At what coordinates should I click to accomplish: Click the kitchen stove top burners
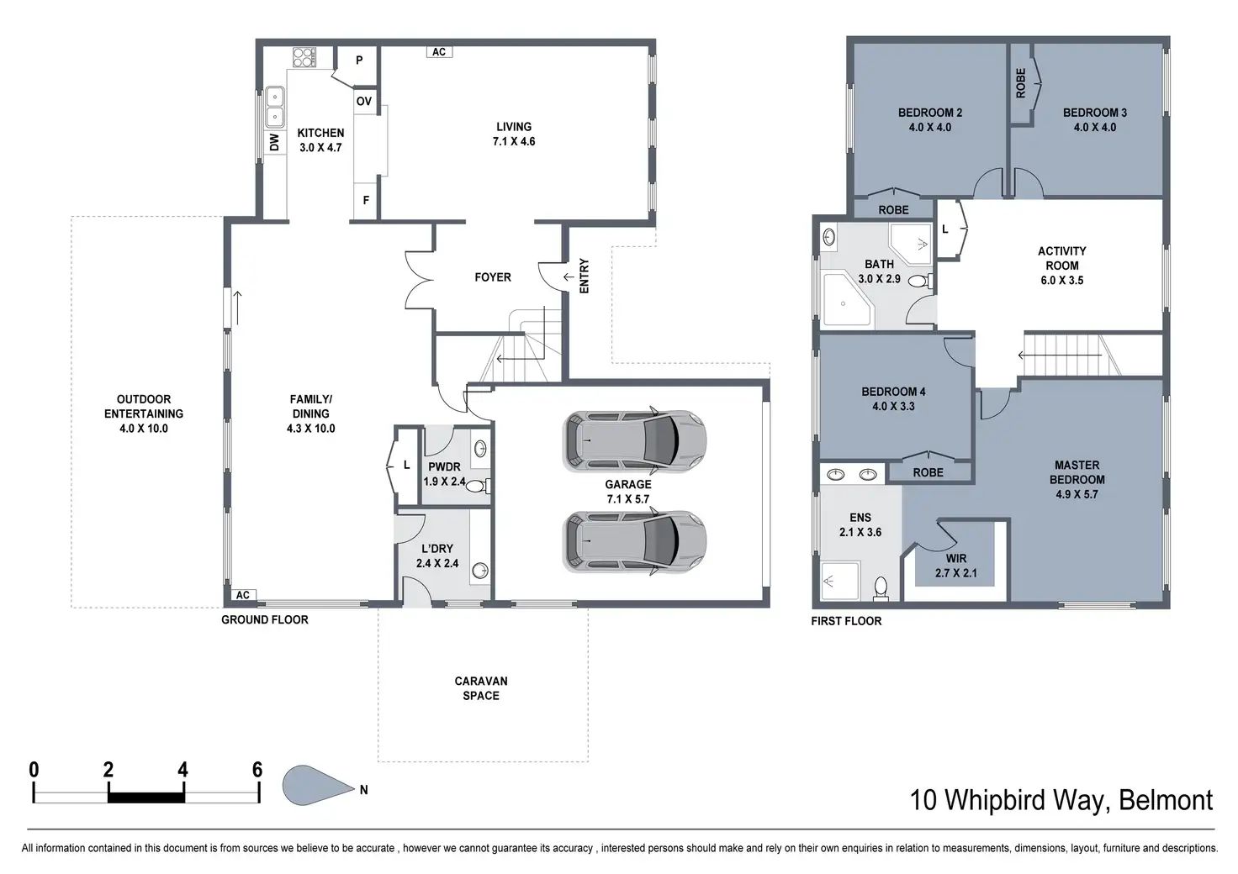pyautogui.click(x=304, y=57)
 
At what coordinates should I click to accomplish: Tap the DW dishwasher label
pyautogui.click(x=275, y=143)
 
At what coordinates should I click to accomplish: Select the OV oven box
pyautogui.click(x=363, y=102)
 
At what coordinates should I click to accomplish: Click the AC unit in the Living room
pyautogui.click(x=439, y=52)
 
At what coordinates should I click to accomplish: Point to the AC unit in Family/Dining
pyautogui.click(x=242, y=595)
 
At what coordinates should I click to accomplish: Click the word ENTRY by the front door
pyautogui.click(x=585, y=276)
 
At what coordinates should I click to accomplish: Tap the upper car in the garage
pyautogui.click(x=634, y=441)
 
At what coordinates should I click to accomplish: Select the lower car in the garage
pyautogui.click(x=634, y=541)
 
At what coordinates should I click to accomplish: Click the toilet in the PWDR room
pyautogui.click(x=478, y=487)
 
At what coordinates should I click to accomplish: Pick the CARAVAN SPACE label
pyautogui.click(x=481, y=688)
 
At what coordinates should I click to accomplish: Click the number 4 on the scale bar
pyautogui.click(x=183, y=769)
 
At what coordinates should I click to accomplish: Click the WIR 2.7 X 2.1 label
pyautogui.click(x=955, y=566)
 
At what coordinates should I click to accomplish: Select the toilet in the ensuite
pyautogui.click(x=881, y=588)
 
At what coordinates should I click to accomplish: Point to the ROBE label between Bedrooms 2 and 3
pyautogui.click(x=1020, y=83)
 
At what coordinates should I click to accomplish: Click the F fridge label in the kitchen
pyautogui.click(x=366, y=200)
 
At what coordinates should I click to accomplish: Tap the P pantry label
pyautogui.click(x=359, y=61)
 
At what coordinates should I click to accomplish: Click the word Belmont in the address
pyautogui.click(x=1166, y=800)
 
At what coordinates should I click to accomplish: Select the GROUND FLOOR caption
pyautogui.click(x=265, y=619)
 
